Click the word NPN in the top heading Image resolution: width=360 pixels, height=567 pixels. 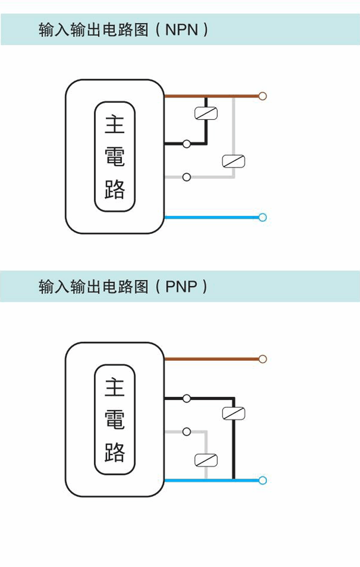tap(182, 30)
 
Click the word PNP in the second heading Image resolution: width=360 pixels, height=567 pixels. tap(181, 287)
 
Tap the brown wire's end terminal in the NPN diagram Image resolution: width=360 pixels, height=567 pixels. tap(263, 96)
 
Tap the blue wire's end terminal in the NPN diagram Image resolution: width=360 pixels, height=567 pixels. tap(263, 217)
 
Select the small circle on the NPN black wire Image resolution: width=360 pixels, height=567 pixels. tap(187, 144)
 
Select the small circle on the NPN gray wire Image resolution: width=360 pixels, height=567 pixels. tap(187, 177)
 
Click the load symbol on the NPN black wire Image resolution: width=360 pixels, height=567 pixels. tap(206, 113)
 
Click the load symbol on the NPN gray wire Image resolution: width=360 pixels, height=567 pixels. tap(234, 161)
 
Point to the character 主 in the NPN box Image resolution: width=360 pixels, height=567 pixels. tap(115, 125)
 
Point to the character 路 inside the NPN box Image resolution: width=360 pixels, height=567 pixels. tap(115, 189)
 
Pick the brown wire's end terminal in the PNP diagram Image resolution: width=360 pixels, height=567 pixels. tap(263, 359)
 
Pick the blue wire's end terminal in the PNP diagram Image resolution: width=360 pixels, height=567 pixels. tap(263, 480)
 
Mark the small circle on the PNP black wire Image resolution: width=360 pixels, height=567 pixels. tap(187, 398)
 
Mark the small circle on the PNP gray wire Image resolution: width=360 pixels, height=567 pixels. tap(187, 431)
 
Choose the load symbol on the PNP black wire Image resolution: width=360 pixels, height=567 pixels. tap(234, 413)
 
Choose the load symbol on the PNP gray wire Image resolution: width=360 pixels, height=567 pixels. tap(206, 460)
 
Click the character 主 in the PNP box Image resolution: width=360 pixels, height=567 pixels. tap(115, 388)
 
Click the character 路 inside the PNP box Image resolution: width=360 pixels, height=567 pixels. tap(115, 452)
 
